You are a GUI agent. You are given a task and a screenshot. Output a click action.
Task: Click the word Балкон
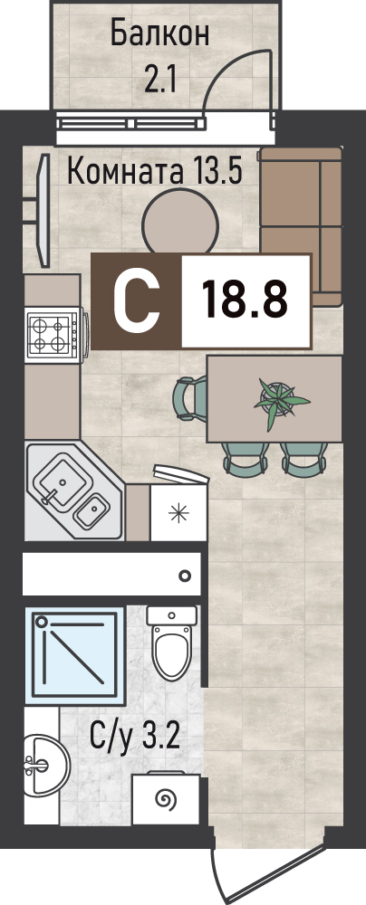pos(159,34)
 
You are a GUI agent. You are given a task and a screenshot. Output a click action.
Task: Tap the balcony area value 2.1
pos(159,81)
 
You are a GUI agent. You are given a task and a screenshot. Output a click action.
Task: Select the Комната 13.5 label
pos(154,171)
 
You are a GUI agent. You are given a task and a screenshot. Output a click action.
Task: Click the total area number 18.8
pos(246,300)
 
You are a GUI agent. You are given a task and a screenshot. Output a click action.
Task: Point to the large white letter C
pos(137,300)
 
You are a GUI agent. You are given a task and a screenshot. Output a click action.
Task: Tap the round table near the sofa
pos(180,223)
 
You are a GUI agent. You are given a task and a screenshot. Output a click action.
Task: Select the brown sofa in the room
pos(301,226)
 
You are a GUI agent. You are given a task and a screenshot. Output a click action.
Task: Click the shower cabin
pos(75,655)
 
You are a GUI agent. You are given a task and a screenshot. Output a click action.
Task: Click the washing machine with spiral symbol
pos(166,799)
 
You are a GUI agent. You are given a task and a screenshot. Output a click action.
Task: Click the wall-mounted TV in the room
pos(40,210)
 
